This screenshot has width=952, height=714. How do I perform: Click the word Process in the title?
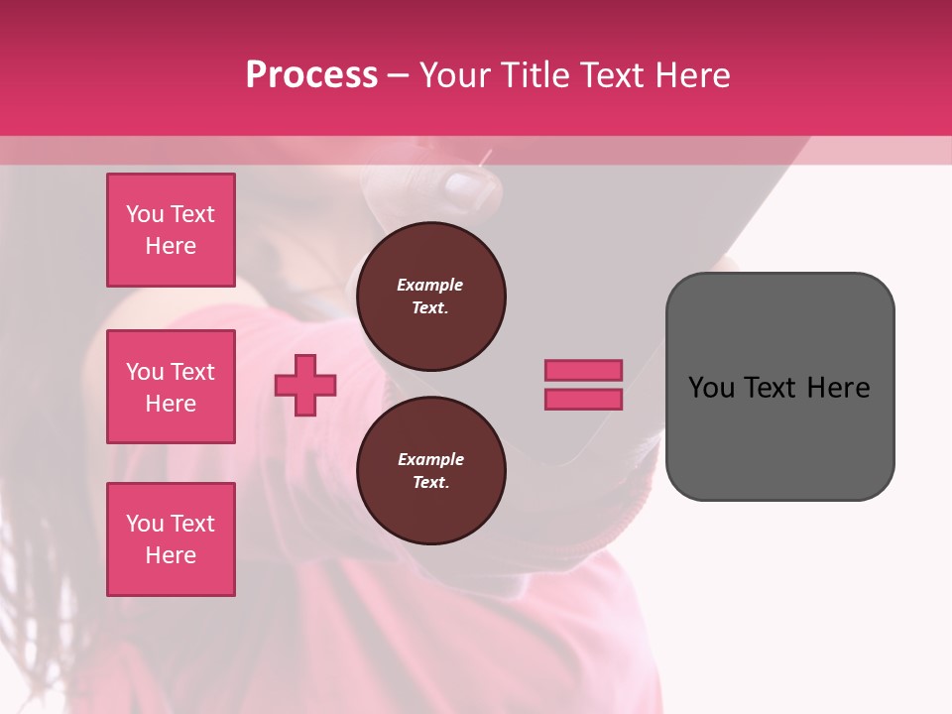coord(311,75)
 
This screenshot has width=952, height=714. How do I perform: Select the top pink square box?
coord(171,230)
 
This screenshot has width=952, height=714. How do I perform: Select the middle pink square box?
coord(171,387)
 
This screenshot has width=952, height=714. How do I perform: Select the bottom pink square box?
coord(171,539)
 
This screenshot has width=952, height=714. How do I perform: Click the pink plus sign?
coord(305,385)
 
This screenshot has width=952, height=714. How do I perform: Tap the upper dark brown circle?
coord(430,297)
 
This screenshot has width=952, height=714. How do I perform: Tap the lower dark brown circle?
coord(430,471)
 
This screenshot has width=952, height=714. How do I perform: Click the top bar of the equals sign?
coord(583,370)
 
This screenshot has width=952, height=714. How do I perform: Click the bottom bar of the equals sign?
coord(583,399)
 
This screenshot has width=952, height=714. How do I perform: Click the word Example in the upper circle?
coord(429,285)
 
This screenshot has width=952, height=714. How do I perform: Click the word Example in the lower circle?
coord(430,459)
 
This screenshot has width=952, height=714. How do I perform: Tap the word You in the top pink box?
coord(145,214)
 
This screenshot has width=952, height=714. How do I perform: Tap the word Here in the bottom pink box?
coord(171,555)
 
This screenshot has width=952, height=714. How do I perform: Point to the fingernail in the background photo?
coord(464,189)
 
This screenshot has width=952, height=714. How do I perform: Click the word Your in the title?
coord(457,75)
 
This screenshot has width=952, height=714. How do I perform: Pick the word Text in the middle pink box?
coord(191,372)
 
